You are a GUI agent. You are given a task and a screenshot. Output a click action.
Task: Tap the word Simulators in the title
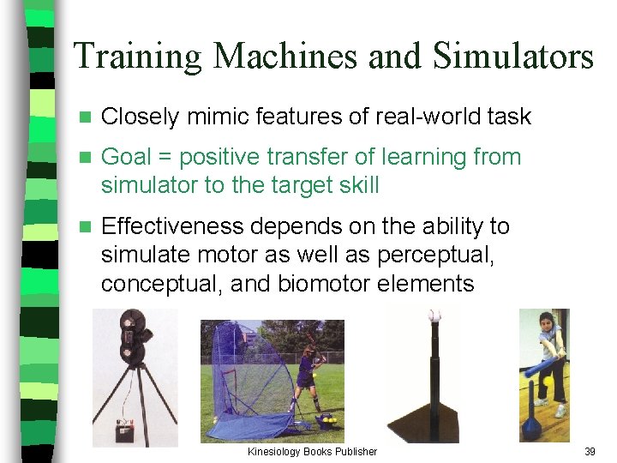pos(513,57)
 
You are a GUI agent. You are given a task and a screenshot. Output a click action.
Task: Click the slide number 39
pos(590,451)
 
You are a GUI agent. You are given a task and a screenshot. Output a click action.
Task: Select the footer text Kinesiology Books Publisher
pos(312,451)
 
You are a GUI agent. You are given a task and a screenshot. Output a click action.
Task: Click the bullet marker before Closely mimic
pos(84,117)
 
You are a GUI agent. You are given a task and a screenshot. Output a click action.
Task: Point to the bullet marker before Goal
pos(84,158)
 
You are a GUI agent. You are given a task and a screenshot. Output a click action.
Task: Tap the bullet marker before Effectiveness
pos(84,227)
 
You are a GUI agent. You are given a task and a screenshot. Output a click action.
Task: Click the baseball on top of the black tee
pos(434,316)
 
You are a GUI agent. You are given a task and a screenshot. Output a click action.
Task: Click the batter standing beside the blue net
pos(307,377)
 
